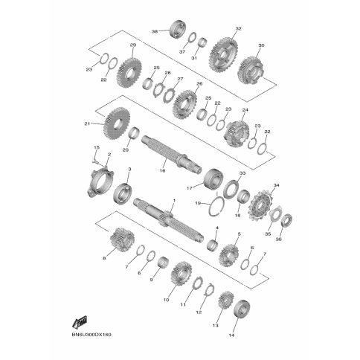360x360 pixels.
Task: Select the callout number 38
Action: click(x=155, y=32)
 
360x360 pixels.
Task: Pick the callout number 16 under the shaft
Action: click(x=161, y=170)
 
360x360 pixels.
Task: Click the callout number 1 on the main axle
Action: click(x=174, y=201)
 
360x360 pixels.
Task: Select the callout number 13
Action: click(x=216, y=326)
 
